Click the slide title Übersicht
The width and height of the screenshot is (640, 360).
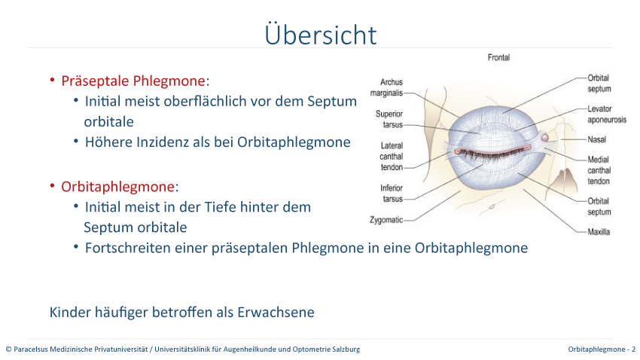pos(321,35)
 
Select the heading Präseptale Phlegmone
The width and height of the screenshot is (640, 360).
pos(133,81)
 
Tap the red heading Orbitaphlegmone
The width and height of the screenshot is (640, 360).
pos(118,187)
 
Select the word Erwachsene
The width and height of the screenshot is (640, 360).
pos(276,313)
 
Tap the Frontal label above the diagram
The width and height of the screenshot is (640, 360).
pos(498,57)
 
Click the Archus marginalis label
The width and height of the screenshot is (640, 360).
pos(386,87)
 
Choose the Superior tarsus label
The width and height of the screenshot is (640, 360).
pos(389,119)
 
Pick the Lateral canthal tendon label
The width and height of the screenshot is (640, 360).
pos(392,157)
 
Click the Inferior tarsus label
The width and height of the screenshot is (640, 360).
pos(392,194)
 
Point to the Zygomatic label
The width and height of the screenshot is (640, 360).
pos(386,220)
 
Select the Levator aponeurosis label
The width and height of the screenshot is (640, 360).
pos(607,114)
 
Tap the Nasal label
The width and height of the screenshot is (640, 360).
pos(597,139)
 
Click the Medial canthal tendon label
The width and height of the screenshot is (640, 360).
pos(599,170)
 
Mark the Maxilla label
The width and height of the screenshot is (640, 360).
pos(599,232)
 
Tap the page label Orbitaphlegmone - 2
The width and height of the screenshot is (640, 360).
pos(602,349)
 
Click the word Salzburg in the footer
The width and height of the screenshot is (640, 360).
pos(346,349)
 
